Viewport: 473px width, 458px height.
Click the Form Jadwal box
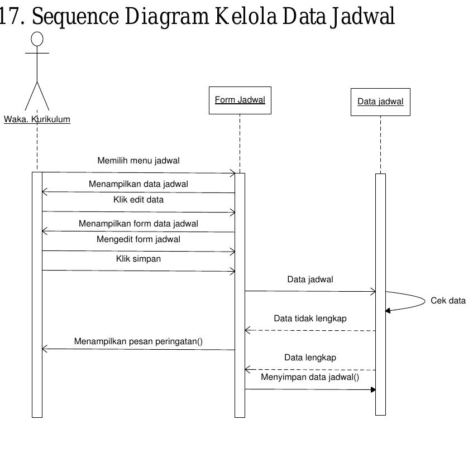click(240, 100)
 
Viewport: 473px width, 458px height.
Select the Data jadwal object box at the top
click(380, 102)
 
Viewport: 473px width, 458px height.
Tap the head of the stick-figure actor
click(37, 38)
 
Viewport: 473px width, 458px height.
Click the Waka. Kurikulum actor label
click(37, 119)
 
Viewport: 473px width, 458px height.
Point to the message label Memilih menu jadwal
click(138, 161)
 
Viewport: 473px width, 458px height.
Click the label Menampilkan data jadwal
click(138, 184)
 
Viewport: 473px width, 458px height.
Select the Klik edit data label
click(138, 199)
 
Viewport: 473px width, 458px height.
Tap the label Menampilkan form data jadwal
click(138, 224)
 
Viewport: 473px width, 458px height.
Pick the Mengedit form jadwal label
click(138, 239)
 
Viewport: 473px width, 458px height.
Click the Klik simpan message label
click(138, 259)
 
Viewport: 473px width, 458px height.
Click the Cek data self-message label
click(448, 301)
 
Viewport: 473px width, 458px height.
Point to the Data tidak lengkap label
click(310, 319)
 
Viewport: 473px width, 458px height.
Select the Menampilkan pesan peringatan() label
click(138, 341)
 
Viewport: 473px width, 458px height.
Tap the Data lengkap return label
click(310, 358)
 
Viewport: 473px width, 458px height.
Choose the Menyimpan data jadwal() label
click(310, 377)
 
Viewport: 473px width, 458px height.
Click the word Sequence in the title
click(75, 17)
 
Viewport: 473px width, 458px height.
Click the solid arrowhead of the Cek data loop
click(388, 311)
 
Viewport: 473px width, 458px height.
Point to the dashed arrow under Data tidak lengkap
click(310, 331)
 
